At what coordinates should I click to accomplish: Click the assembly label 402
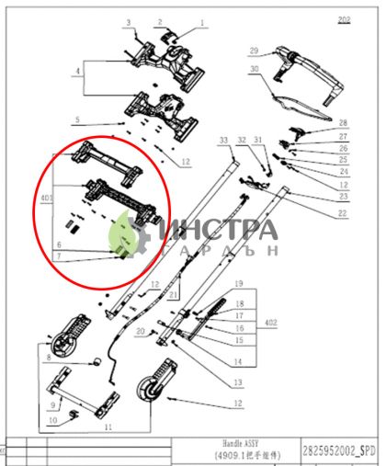[270, 323]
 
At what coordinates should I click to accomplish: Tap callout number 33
[223, 140]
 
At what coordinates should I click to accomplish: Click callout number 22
[343, 213]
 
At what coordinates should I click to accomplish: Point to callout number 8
[48, 356]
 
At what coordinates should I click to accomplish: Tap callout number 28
[343, 122]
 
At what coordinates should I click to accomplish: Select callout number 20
[140, 331]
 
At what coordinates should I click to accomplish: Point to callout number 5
[78, 119]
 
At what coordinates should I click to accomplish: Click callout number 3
[129, 20]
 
